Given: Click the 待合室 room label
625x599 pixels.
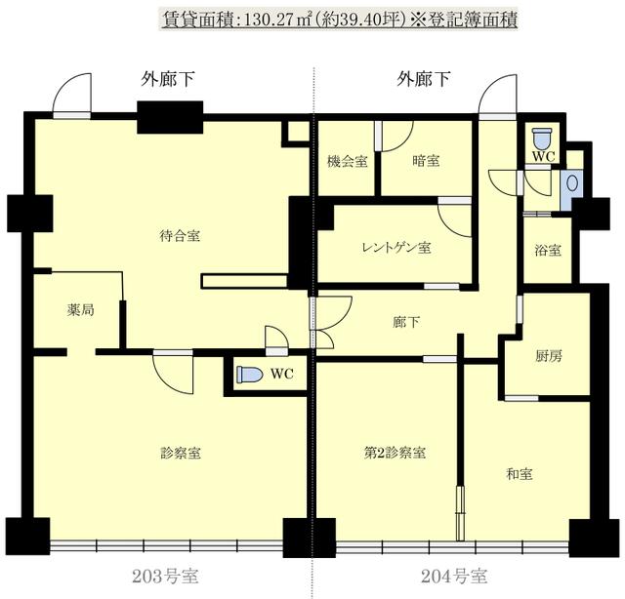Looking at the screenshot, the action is point(180,236).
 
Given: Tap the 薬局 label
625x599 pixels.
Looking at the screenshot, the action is point(80,310).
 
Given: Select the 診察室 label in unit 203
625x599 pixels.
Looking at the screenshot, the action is point(181,453).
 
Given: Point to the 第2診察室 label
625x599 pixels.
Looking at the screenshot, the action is point(395,453).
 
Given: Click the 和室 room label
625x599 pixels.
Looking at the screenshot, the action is point(519,474).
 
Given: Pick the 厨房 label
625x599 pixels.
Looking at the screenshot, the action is point(549,356).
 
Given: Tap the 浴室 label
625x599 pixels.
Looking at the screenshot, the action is point(548,250).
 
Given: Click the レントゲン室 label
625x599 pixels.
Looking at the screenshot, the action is point(396,248).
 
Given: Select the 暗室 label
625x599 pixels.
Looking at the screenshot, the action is point(426,161).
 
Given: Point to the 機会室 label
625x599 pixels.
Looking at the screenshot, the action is point(348,161).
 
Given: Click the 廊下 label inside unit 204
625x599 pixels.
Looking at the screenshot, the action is point(406,322).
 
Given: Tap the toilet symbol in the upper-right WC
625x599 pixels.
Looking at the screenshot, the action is point(542,138).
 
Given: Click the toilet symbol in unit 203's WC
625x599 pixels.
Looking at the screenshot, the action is point(250,375).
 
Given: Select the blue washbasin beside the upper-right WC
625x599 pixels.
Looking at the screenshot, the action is point(572,183).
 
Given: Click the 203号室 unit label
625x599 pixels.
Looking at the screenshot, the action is point(165,577).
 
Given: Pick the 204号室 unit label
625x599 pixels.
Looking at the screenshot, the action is point(454,577).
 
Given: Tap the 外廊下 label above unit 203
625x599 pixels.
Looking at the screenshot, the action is point(167,79).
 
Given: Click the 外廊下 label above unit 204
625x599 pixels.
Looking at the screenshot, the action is point(423,79).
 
